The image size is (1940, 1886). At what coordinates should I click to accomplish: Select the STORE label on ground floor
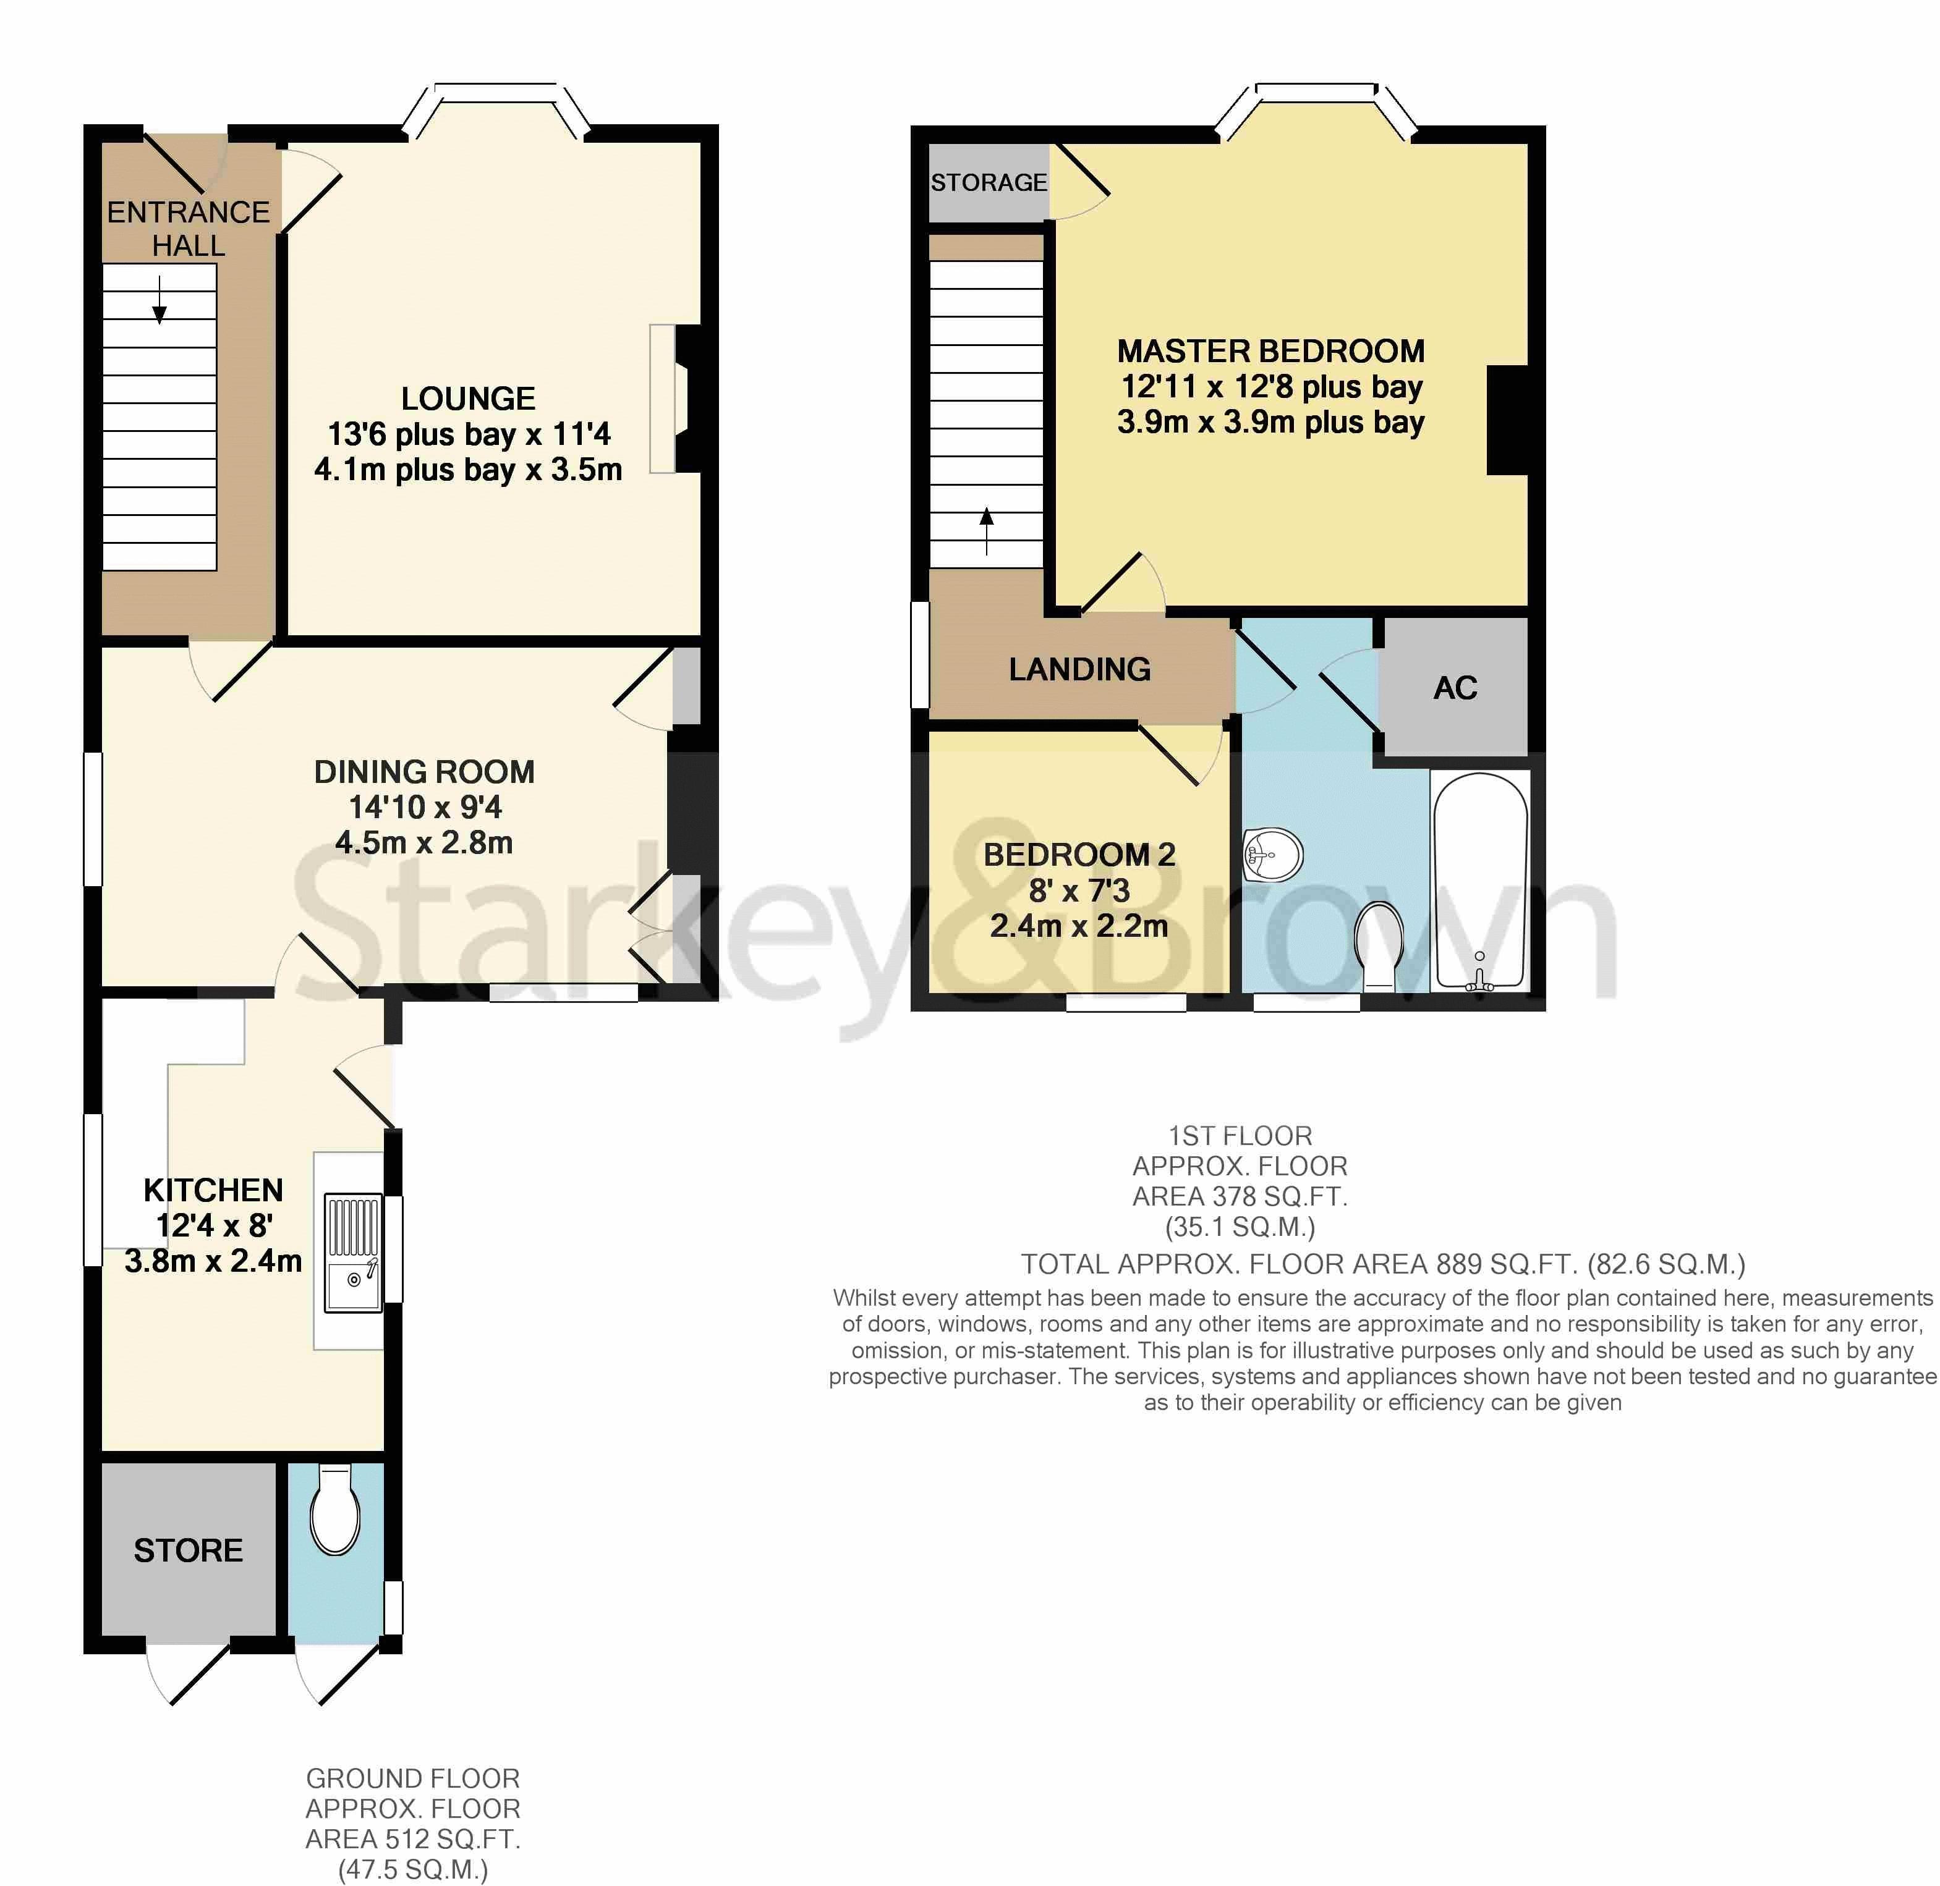pyautogui.click(x=189, y=1550)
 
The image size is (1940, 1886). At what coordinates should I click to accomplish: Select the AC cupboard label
pyautogui.click(x=1455, y=687)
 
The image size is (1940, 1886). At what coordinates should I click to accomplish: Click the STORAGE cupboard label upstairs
pyautogui.click(x=988, y=182)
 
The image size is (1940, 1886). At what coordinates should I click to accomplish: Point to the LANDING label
pyautogui.click(x=1079, y=670)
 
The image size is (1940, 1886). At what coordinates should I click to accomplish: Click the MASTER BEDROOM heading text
pyautogui.click(x=1270, y=350)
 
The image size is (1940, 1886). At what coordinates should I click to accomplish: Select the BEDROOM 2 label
pyautogui.click(x=1078, y=854)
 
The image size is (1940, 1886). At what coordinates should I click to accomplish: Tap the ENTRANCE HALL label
pyautogui.click(x=189, y=228)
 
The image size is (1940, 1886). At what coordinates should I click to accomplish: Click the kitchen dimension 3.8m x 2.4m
pyautogui.click(x=213, y=1261)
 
